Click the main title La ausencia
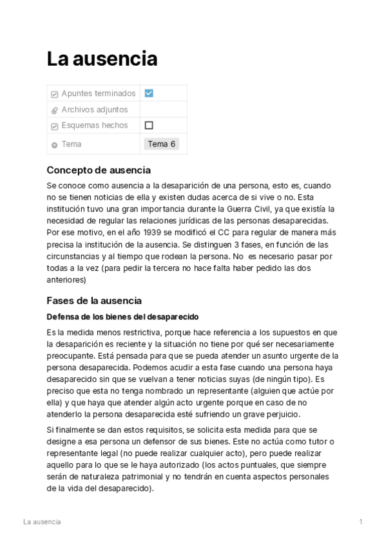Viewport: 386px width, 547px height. (x=102, y=59)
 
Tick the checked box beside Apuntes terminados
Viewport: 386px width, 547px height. (x=149, y=93)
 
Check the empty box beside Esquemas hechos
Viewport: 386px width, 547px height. (x=149, y=125)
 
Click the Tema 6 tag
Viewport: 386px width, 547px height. (x=161, y=144)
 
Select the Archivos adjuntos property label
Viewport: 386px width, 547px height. (x=94, y=110)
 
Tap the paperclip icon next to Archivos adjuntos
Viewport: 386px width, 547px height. (x=54, y=110)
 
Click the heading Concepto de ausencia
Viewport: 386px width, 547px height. (x=99, y=170)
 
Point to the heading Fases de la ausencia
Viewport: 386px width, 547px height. (x=94, y=301)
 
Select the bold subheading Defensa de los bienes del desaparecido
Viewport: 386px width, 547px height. (x=122, y=317)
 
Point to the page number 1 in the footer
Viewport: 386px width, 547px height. (x=361, y=521)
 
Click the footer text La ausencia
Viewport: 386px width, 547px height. (x=42, y=521)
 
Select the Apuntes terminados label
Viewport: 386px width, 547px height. (x=99, y=94)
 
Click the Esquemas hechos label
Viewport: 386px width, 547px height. (x=94, y=125)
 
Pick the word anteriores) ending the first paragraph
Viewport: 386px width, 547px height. (x=66, y=280)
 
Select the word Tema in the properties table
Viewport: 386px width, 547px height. (x=72, y=144)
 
